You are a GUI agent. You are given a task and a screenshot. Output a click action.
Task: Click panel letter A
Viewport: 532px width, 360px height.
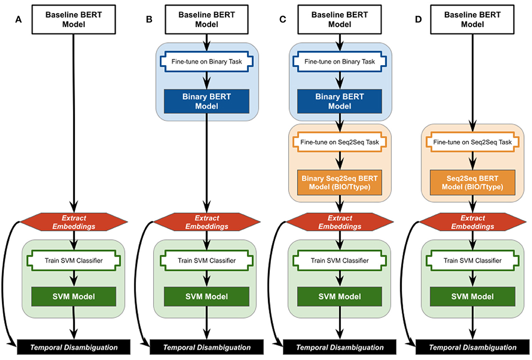[18, 20]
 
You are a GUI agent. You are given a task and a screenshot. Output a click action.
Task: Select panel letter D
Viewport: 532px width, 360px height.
[418, 20]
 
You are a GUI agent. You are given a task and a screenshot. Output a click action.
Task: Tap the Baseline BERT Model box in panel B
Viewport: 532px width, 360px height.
[207, 19]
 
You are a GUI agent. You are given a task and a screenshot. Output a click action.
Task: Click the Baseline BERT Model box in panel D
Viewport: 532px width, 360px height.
[472, 19]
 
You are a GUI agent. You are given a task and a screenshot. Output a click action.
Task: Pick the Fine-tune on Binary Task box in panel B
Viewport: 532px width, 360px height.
[207, 62]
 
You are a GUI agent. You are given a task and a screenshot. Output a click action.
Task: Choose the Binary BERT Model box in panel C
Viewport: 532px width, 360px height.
[340, 101]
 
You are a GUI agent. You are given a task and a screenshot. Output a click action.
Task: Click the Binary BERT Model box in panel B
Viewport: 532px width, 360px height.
[207, 101]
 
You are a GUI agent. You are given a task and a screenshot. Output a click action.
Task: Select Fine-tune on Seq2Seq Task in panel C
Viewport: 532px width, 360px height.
[340, 142]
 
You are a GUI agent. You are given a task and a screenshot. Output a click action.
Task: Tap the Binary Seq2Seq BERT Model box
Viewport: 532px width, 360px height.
[340, 182]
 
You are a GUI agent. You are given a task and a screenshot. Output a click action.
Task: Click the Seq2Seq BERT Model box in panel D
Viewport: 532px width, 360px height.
[472, 182]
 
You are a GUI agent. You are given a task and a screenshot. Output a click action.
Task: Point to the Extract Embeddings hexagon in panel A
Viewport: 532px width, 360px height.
[74, 222]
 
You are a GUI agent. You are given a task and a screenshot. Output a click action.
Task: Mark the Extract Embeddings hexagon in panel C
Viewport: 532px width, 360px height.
[340, 222]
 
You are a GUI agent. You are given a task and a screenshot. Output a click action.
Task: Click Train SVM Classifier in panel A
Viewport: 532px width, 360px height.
[74, 260]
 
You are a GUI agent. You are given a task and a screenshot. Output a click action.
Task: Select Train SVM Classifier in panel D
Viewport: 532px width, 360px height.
[472, 260]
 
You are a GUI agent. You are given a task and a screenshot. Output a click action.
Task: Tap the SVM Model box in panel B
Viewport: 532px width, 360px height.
[207, 296]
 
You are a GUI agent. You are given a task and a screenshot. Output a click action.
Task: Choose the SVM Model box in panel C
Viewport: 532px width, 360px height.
[340, 296]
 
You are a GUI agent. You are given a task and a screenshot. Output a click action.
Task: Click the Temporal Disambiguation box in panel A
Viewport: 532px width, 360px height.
[74, 347]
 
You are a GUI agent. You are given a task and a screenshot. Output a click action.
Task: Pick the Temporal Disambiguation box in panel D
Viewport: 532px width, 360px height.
[472, 347]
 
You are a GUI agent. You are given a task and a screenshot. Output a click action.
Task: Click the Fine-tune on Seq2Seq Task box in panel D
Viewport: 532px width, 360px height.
[472, 142]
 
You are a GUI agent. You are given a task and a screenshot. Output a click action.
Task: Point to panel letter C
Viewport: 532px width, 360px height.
[282, 20]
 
